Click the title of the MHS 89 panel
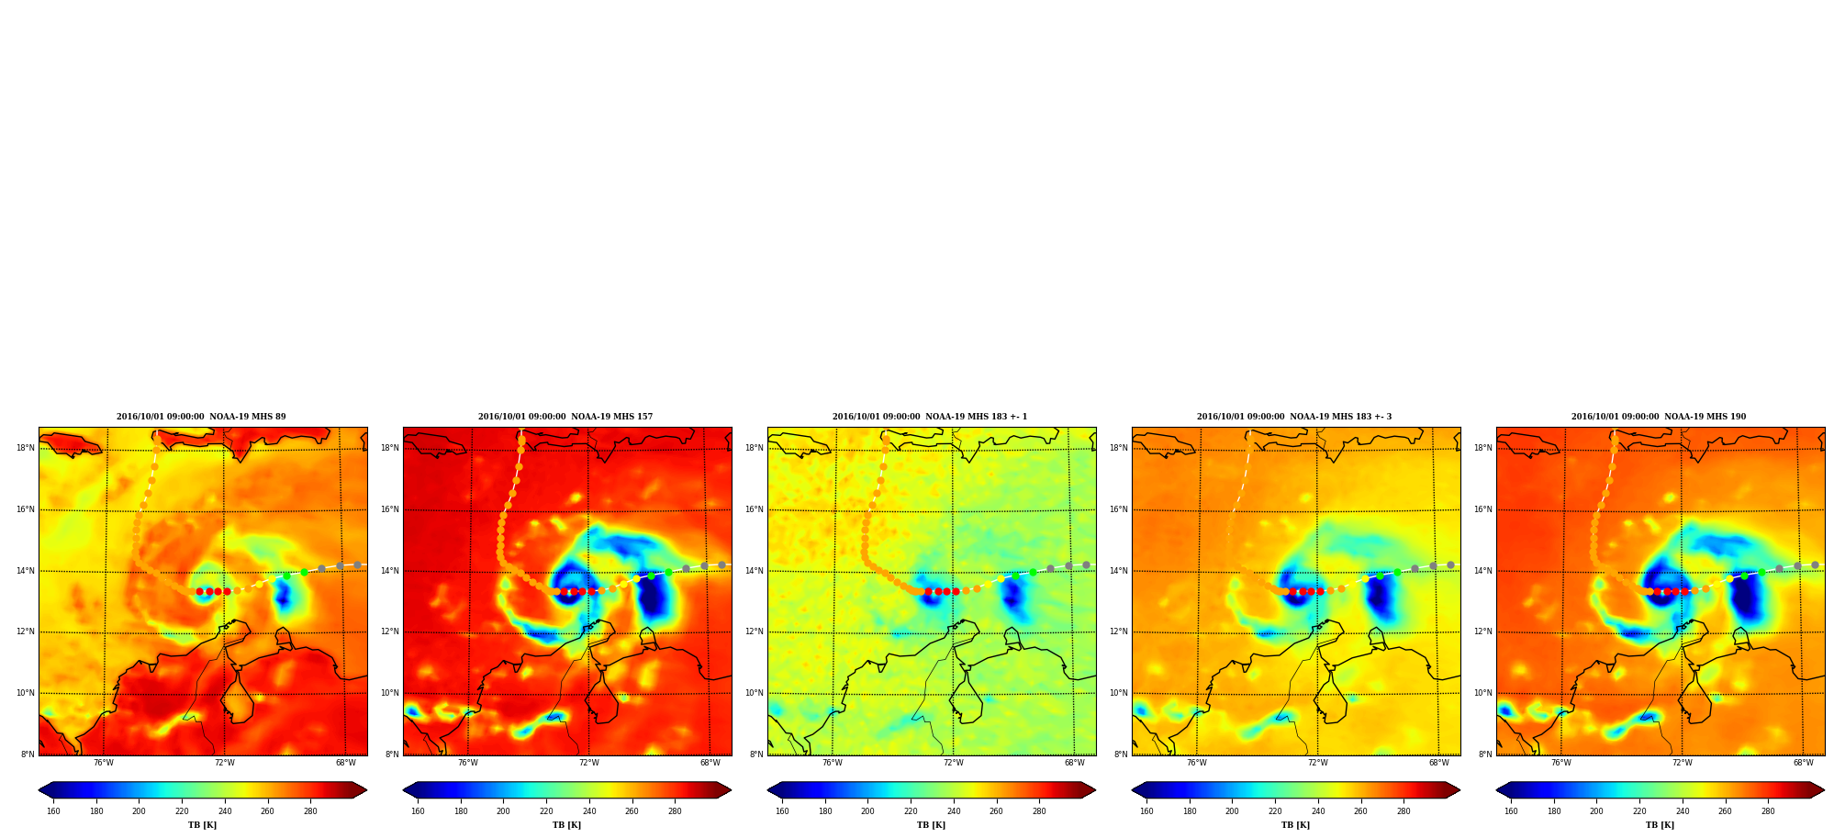(201, 417)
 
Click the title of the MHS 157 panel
(565, 417)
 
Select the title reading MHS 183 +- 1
(930, 417)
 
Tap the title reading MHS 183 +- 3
(1294, 417)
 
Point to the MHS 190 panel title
(1659, 417)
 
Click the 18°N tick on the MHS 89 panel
(26, 448)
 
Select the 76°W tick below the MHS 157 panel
(468, 763)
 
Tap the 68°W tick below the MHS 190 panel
(1804, 763)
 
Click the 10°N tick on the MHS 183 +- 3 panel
(1119, 693)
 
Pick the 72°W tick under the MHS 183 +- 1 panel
(954, 763)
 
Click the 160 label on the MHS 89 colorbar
(53, 811)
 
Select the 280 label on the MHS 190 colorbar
(1768, 811)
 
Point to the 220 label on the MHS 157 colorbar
(546, 811)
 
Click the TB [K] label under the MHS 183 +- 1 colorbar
(931, 825)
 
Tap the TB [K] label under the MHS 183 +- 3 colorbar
(1295, 825)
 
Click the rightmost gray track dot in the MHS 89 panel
(357, 565)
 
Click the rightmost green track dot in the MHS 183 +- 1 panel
(1033, 572)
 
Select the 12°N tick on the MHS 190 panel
(1483, 631)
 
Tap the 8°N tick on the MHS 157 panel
(392, 754)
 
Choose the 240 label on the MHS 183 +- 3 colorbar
(1318, 811)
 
